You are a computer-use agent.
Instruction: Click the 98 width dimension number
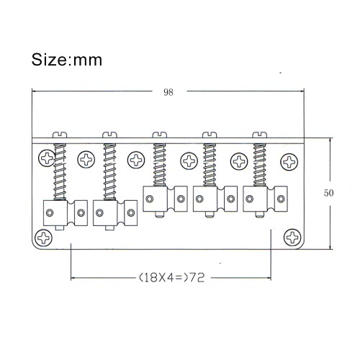[168, 92]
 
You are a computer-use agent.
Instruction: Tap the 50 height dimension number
[328, 193]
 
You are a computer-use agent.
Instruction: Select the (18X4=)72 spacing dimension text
[172, 278]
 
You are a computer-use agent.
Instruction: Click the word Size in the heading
[50, 60]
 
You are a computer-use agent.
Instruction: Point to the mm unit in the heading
[88, 60]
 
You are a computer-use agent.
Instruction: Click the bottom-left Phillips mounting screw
[43, 238]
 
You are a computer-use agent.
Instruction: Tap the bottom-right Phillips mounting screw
[292, 238]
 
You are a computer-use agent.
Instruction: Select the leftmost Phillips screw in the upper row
[47, 158]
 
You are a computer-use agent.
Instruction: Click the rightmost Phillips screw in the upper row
[289, 162]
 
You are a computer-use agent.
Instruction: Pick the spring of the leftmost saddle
[60, 172]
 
